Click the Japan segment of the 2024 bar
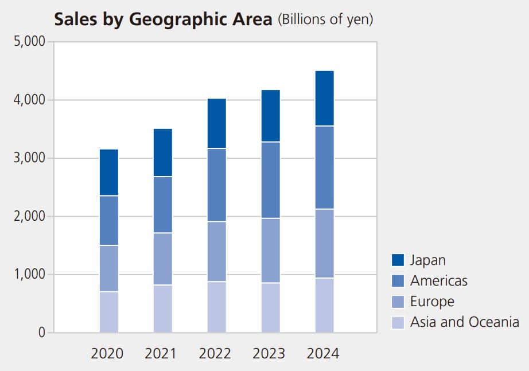tap(324, 98)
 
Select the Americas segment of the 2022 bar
tap(216, 185)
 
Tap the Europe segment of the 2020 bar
tap(109, 268)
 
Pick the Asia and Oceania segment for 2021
tap(163, 308)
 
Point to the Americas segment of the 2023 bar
tap(270, 180)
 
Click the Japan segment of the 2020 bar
tap(109, 173)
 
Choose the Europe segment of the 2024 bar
tap(324, 244)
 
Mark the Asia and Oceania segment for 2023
tap(270, 307)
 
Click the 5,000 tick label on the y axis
tap(29, 42)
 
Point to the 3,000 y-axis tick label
tap(29, 158)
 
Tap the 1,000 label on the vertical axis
tap(29, 275)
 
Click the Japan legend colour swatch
tap(398, 260)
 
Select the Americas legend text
tap(439, 281)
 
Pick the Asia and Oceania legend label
tap(464, 322)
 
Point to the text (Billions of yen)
tap(325, 19)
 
